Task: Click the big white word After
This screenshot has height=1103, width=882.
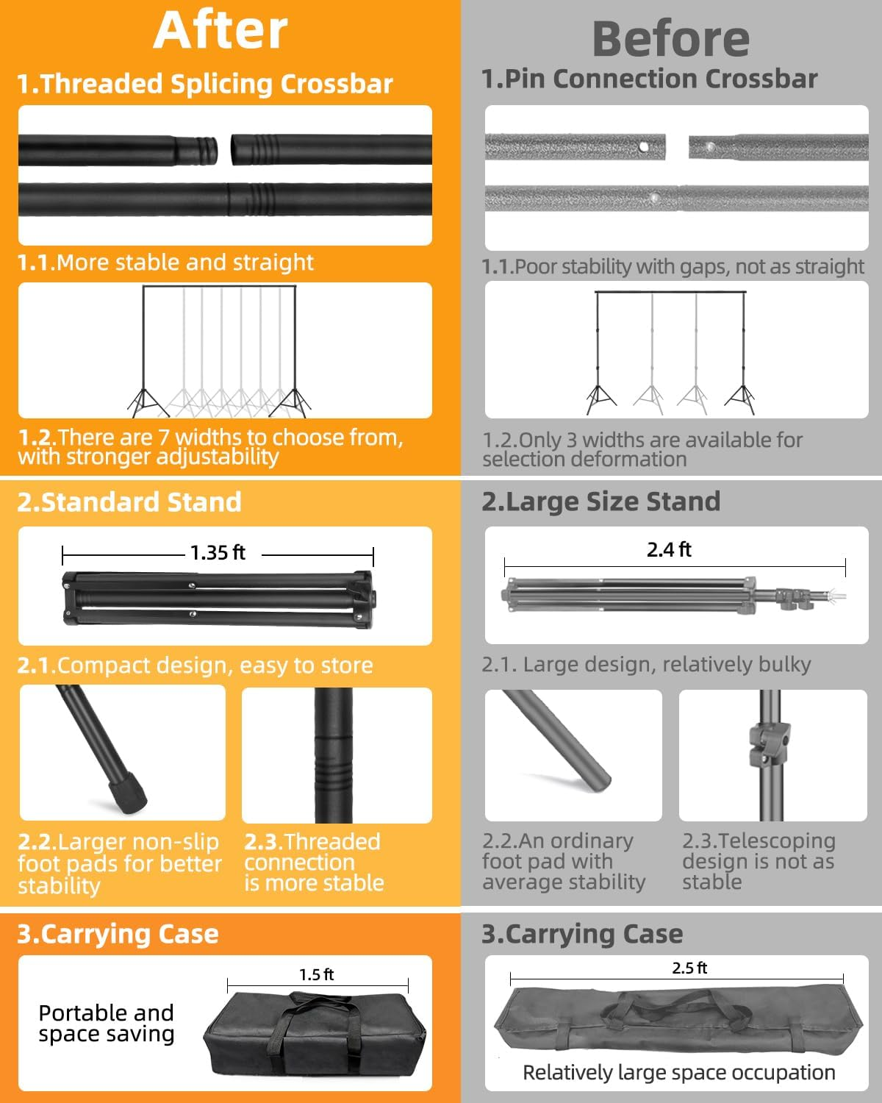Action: (220, 31)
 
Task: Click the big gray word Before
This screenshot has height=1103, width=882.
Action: (670, 40)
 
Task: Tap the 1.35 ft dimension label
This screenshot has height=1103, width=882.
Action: (218, 552)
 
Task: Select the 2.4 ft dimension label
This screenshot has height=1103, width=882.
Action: (669, 549)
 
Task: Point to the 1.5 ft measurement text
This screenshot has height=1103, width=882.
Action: (316, 974)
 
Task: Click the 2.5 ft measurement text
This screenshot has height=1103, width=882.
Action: (689, 968)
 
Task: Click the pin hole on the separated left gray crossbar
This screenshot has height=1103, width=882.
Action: (644, 147)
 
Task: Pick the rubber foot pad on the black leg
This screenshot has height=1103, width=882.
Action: (126, 794)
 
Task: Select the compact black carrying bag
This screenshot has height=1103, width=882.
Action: (314, 1035)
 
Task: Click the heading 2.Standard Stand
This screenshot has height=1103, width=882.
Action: (129, 501)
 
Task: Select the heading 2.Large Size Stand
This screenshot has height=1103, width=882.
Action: (601, 501)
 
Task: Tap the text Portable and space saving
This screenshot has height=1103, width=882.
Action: (106, 1024)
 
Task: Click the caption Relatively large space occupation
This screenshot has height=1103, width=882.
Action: (678, 1073)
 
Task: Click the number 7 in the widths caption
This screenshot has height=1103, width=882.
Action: (163, 438)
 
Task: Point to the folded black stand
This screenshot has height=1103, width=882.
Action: (219, 599)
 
